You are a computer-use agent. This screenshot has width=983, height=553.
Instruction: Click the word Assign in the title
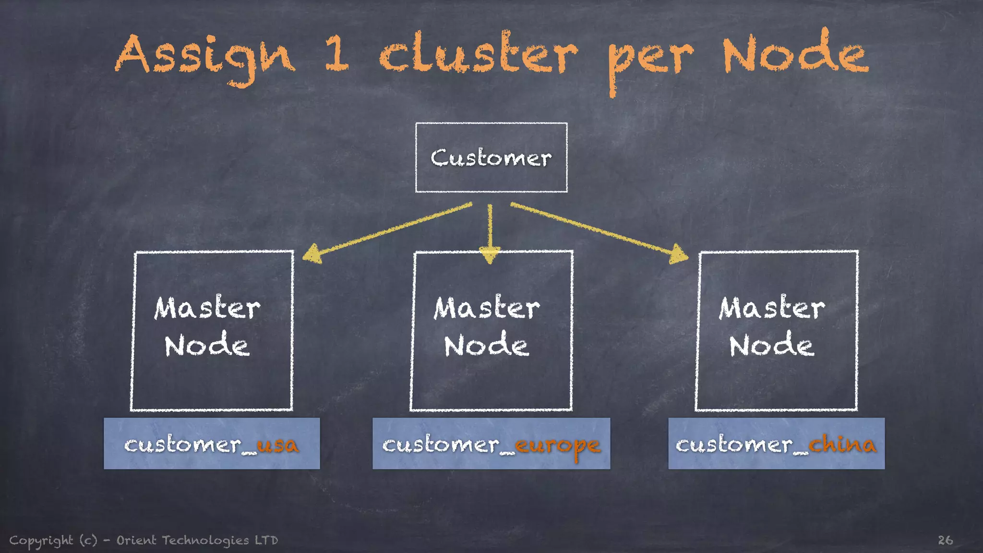(204, 57)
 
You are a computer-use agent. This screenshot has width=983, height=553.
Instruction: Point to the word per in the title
(650, 60)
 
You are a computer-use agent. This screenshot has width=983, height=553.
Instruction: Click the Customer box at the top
(491, 157)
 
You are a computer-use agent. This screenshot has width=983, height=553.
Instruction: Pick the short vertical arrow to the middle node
(490, 233)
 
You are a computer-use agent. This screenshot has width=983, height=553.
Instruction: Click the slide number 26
(945, 540)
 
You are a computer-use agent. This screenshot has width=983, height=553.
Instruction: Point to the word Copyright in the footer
(41, 541)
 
